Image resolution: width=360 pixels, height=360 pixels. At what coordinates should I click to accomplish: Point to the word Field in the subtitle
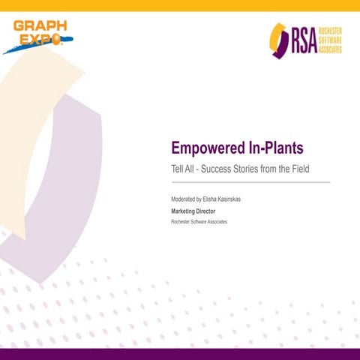(316, 169)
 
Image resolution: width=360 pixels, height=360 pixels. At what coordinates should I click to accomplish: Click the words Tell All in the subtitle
(184, 169)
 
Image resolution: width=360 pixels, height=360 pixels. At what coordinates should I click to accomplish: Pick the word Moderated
(184, 200)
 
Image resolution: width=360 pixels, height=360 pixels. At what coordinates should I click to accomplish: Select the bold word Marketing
(185, 211)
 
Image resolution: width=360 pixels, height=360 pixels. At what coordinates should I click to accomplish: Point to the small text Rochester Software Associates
(199, 222)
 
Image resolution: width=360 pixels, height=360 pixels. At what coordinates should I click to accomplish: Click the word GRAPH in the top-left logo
(40, 27)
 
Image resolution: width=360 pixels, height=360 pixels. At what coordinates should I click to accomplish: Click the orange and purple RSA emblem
(279, 40)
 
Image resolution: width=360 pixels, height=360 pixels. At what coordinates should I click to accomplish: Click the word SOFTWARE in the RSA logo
(331, 40)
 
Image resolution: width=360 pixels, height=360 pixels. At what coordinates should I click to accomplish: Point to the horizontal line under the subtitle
(250, 182)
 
